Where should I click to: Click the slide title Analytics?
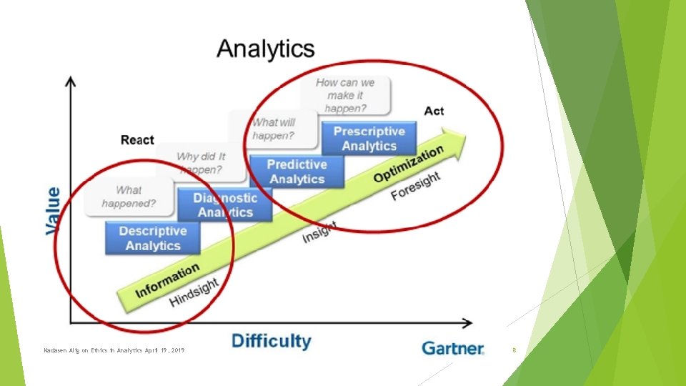click(x=265, y=49)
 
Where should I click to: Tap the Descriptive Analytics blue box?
click(x=153, y=238)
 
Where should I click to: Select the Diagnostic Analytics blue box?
click(x=225, y=205)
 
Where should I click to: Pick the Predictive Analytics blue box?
click(x=297, y=172)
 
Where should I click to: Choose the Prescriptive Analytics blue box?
click(x=369, y=139)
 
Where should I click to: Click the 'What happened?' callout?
click(x=129, y=197)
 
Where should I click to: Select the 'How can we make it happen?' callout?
click(x=344, y=96)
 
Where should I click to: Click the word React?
click(x=137, y=139)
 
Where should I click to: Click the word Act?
click(x=434, y=111)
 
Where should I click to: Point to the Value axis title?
click(x=54, y=211)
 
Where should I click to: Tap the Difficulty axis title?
click(x=272, y=341)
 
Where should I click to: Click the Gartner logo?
click(x=452, y=348)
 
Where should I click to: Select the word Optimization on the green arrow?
click(x=408, y=164)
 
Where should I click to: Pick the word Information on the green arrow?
click(x=167, y=282)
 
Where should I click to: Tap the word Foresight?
click(x=415, y=186)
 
